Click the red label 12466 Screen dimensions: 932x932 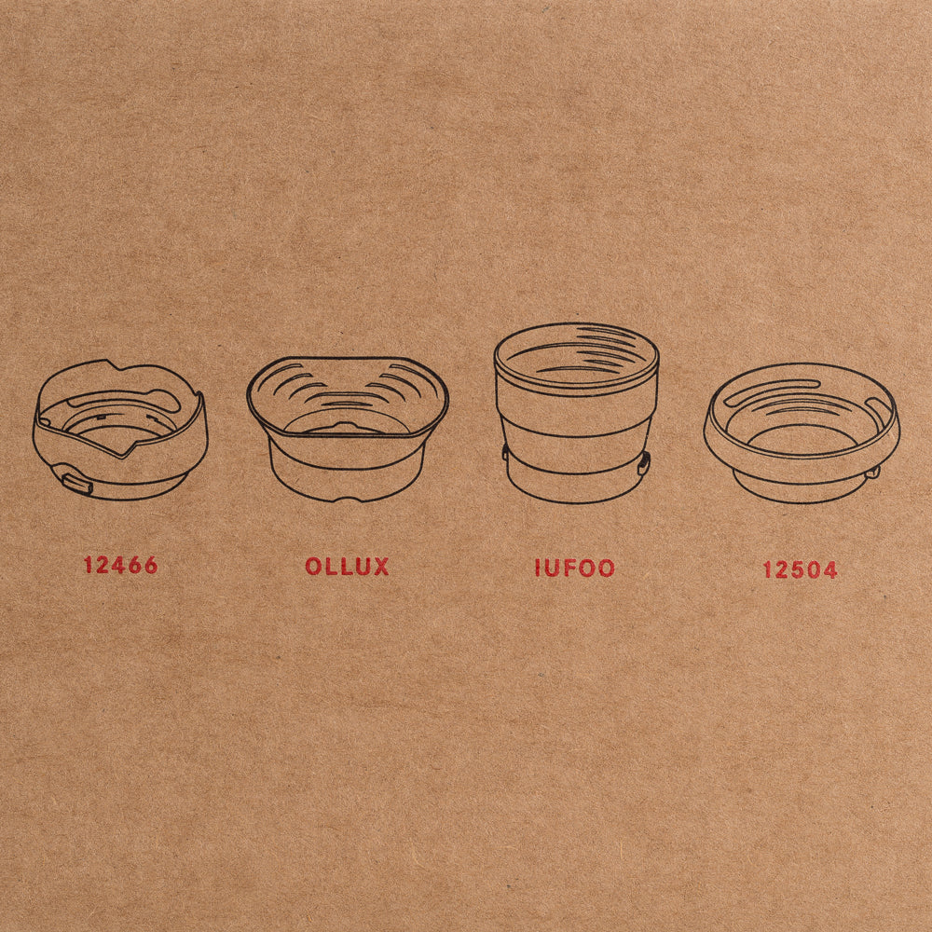[120, 566]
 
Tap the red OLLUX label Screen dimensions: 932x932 [347, 567]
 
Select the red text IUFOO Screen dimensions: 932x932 [575, 568]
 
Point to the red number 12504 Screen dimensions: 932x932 [801, 569]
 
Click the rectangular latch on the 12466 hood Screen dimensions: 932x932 [78, 485]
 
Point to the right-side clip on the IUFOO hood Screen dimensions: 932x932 [644, 462]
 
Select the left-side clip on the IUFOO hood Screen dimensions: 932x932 [505, 452]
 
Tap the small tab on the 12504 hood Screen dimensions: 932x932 [872, 472]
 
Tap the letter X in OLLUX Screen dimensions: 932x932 [380, 567]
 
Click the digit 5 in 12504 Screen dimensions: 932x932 [797, 569]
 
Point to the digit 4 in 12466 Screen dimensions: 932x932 [119, 566]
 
